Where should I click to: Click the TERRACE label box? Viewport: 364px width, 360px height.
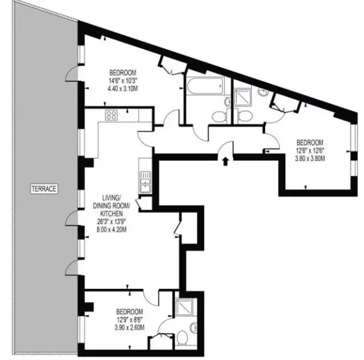(x=44, y=189)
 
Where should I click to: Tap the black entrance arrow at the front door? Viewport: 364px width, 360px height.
(x=225, y=161)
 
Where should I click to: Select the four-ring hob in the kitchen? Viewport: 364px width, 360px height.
(x=111, y=115)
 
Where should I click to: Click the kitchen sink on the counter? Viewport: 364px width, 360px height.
(x=145, y=182)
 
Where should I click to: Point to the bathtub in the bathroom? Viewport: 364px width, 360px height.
(x=205, y=86)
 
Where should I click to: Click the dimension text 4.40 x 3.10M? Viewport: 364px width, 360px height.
(x=123, y=89)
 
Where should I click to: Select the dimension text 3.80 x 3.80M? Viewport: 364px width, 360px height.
(x=310, y=159)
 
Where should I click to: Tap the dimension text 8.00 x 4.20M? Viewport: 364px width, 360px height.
(x=111, y=230)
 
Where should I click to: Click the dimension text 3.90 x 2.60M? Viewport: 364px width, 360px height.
(x=130, y=328)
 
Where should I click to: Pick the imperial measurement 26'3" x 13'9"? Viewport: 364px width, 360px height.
(x=111, y=222)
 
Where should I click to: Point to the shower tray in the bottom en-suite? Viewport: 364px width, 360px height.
(x=184, y=306)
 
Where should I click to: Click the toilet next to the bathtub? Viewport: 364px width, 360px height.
(x=218, y=116)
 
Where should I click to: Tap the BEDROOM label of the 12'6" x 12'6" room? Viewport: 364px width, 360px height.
(x=310, y=142)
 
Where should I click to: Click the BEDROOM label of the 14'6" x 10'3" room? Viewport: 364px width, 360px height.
(x=123, y=72)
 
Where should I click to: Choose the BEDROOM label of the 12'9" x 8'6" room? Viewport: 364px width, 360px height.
(x=130, y=311)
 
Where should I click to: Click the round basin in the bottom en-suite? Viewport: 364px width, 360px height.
(x=193, y=328)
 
